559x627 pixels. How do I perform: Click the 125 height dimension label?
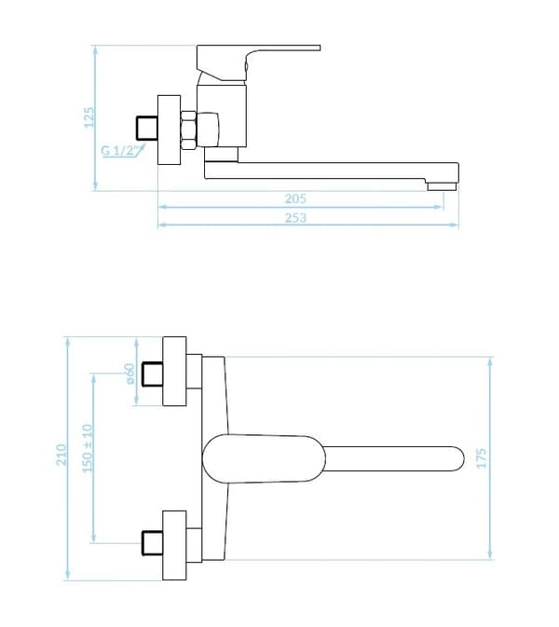coord(89,117)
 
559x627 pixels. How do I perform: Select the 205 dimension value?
coord(295,198)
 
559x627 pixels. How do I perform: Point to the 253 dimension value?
coord(295,217)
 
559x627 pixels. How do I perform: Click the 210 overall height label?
coord(61,455)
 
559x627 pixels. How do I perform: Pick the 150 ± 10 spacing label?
coord(88,448)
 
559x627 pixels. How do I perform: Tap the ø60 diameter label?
coord(130,374)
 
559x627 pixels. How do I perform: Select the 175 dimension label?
coord(482,458)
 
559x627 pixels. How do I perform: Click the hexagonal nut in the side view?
coord(188,130)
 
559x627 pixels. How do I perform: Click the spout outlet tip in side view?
coord(442,186)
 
